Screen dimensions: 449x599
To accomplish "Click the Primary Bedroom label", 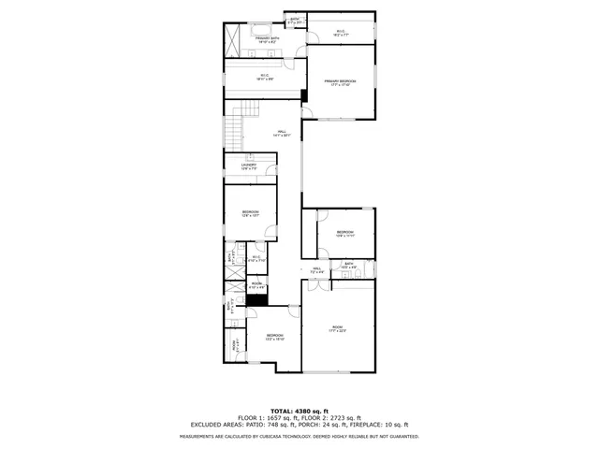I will pos(341,82).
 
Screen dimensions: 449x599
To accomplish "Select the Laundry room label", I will pos(248,167).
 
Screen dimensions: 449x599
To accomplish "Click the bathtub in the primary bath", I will pos(258,31).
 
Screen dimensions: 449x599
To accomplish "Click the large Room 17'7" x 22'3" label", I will pos(338,328).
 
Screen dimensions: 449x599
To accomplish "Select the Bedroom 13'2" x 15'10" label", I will pos(274,337).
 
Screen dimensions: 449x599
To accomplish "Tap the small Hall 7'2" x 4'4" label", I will pos(317,271).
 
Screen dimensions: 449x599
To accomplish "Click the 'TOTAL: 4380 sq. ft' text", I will pos(299,411).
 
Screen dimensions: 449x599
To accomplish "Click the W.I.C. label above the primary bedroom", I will pos(341,32).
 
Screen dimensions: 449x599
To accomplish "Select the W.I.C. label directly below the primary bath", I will pos(263,78).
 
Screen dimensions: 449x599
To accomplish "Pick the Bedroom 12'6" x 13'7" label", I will pos(250,213).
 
